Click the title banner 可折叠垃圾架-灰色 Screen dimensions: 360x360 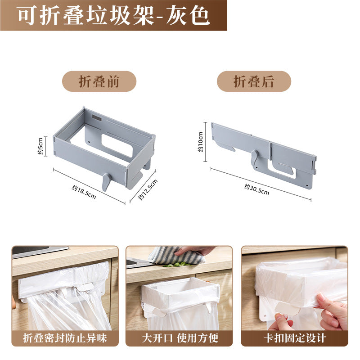(113, 15)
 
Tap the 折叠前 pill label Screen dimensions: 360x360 (99, 81)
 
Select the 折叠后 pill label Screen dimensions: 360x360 (254, 81)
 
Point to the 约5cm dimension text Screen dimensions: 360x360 (40, 146)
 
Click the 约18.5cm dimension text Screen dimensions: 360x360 (84, 192)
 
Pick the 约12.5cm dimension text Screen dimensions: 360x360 (148, 189)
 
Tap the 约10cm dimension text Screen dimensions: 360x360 (200, 142)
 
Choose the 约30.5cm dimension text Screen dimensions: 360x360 (256, 189)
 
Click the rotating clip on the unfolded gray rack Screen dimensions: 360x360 (106, 182)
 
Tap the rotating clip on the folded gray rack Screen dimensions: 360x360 (255, 158)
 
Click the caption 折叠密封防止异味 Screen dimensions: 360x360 (65, 338)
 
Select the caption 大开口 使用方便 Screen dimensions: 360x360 (180, 338)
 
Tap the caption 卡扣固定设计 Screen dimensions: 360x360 (295, 338)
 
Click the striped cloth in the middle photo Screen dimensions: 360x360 (177, 255)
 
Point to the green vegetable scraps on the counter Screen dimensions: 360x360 (177, 265)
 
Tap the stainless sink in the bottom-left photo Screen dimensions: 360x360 (39, 251)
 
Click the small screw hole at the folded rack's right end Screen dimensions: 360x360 (307, 184)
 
